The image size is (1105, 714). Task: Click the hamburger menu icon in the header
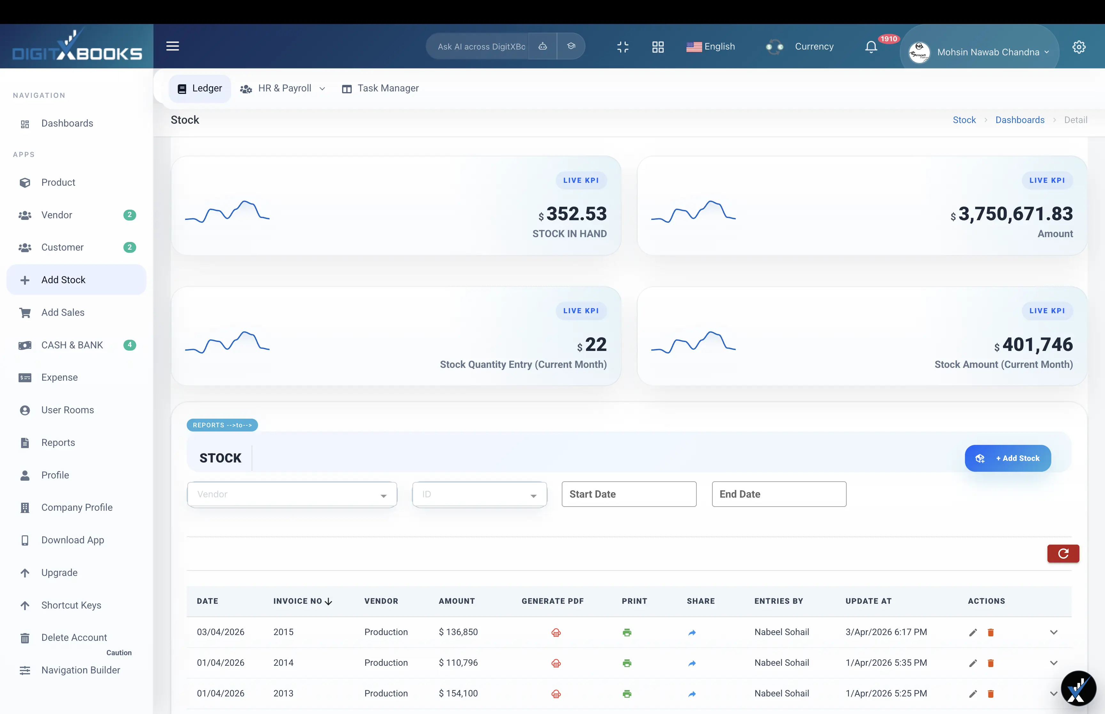pyautogui.click(x=173, y=46)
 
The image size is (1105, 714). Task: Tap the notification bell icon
pyautogui.click(x=871, y=47)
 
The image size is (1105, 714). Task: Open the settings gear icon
pyautogui.click(x=1078, y=47)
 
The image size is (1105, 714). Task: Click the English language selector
pyautogui.click(x=710, y=46)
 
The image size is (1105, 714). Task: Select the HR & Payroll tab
pyautogui.click(x=283, y=88)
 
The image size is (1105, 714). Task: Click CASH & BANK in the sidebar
pyautogui.click(x=72, y=345)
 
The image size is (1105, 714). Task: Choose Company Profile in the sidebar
pyautogui.click(x=76, y=507)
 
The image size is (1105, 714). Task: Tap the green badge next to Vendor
pyautogui.click(x=129, y=215)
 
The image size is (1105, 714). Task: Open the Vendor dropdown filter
pyautogui.click(x=292, y=494)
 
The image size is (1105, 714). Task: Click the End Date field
pyautogui.click(x=779, y=494)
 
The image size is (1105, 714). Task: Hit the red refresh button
pyautogui.click(x=1063, y=553)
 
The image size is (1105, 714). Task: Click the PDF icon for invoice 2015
pyautogui.click(x=556, y=633)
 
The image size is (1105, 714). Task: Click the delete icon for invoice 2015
pyautogui.click(x=991, y=633)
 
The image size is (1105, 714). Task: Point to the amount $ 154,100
pyautogui.click(x=458, y=693)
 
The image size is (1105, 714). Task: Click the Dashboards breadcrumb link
pyautogui.click(x=1020, y=120)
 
